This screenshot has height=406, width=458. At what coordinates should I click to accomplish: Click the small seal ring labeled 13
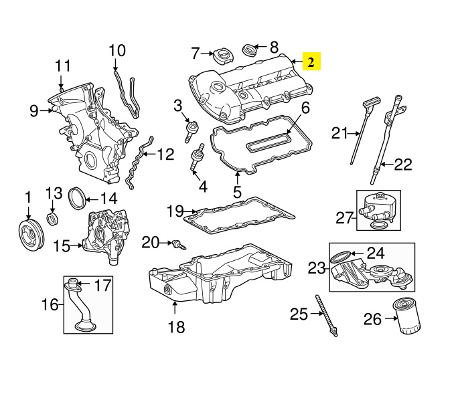tap(53, 219)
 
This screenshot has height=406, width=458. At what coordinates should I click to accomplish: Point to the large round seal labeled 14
tap(78, 197)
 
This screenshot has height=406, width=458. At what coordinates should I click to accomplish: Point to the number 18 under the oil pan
tap(175, 328)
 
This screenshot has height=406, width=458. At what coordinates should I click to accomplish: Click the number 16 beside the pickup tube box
tap(50, 306)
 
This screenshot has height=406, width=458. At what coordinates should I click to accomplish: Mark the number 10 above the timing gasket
tap(117, 49)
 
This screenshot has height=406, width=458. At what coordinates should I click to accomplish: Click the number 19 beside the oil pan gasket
tap(175, 212)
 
